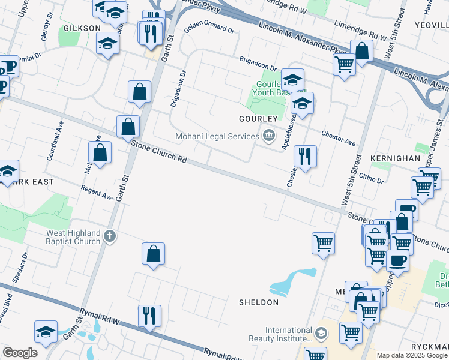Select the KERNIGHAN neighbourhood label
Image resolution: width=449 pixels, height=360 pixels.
(x=396, y=158)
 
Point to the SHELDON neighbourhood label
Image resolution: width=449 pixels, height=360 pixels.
(x=259, y=302)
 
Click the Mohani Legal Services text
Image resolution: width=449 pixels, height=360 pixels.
(x=217, y=136)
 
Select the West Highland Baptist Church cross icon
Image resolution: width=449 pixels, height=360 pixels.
(x=109, y=236)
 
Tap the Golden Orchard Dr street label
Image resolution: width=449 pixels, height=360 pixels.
(x=209, y=29)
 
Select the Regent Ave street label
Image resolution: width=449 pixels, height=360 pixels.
(x=97, y=193)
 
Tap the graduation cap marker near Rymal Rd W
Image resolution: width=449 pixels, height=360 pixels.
(x=46, y=332)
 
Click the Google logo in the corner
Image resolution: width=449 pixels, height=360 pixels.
(x=20, y=353)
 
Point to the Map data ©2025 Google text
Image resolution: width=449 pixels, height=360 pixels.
(x=412, y=355)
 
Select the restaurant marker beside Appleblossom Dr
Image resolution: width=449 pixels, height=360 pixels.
(x=305, y=156)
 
